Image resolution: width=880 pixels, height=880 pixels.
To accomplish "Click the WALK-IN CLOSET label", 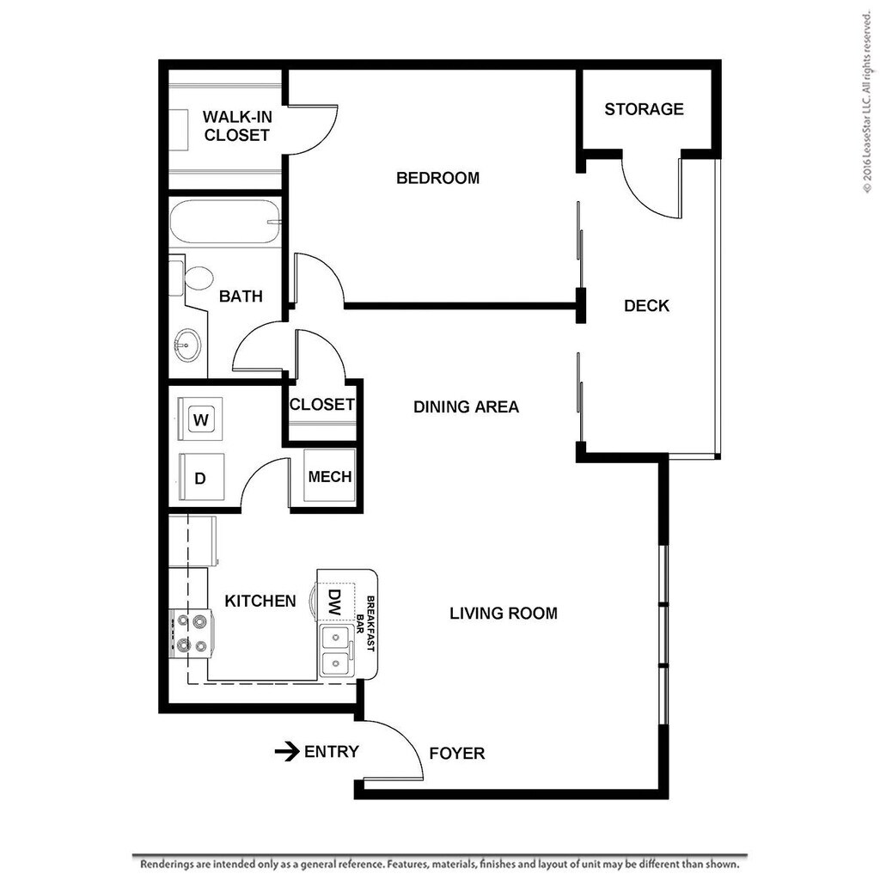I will tap(236, 125).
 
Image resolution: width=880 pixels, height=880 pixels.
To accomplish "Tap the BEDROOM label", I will tap(437, 179).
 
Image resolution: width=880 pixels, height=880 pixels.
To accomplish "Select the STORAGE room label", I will tap(644, 109).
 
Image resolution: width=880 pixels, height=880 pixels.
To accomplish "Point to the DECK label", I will tap(646, 306).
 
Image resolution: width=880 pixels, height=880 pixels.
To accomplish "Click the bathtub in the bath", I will tap(225, 222).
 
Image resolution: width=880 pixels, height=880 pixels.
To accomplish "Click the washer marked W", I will tap(202, 419).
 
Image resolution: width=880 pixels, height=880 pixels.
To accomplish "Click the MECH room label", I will tap(330, 477).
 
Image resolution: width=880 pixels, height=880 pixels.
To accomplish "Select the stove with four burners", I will tap(192, 633).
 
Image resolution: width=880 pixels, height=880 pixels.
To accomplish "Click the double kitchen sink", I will tap(335, 651).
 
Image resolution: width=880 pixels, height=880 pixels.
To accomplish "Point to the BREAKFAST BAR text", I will tap(367, 623).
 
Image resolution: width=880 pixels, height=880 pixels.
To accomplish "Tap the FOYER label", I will tap(457, 754).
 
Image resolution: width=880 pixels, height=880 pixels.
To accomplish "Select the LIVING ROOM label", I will tap(504, 614).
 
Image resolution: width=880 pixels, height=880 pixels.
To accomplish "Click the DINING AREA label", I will tap(466, 407).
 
